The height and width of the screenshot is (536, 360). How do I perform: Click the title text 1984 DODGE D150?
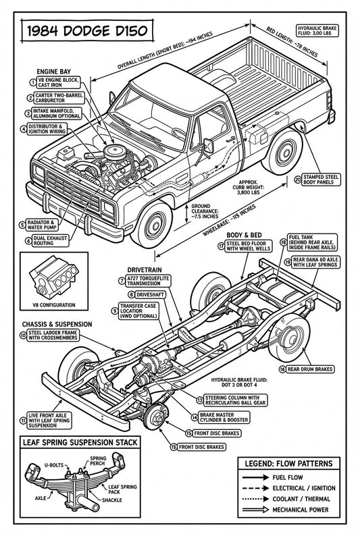tap(83, 31)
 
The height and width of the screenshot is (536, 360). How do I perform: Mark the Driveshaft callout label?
tap(144, 295)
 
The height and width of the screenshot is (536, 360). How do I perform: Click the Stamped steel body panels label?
tap(325, 181)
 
